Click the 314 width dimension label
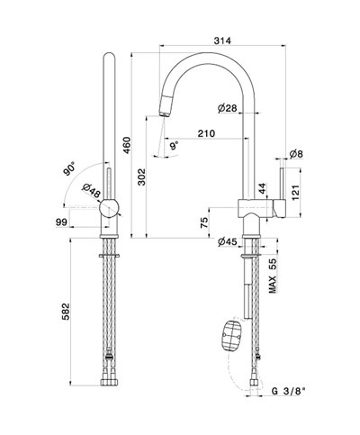222,41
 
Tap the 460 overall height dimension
127,145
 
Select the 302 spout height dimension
141,177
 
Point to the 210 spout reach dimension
206,133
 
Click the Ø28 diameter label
228,108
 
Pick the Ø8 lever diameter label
296,154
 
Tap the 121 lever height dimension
295,193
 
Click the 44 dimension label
262,188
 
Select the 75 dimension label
203,222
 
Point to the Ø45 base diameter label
228,241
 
